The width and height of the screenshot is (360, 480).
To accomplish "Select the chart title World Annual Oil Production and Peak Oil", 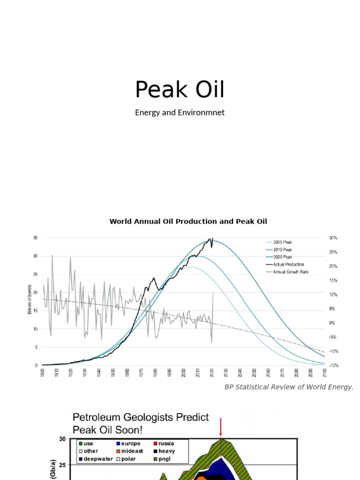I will pyautogui.click(x=188, y=221).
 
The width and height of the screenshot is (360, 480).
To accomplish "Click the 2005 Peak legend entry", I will pyautogui.click(x=283, y=242).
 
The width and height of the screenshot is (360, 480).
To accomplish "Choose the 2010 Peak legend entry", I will pyautogui.click(x=283, y=249).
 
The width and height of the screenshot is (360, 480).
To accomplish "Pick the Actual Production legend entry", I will pyautogui.click(x=288, y=264).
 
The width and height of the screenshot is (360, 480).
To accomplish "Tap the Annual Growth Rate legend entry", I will pyautogui.click(x=291, y=271).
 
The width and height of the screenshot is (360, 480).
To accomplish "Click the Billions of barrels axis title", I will pyautogui.click(x=30, y=299).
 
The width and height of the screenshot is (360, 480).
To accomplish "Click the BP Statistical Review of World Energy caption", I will pyautogui.click(x=289, y=387).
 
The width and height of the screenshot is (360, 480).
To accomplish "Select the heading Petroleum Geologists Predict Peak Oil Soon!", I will pyautogui.click(x=140, y=423).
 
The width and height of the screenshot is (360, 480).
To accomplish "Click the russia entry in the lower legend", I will pyautogui.click(x=168, y=443).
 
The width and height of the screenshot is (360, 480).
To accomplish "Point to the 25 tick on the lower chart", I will pyautogui.click(x=63, y=465).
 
